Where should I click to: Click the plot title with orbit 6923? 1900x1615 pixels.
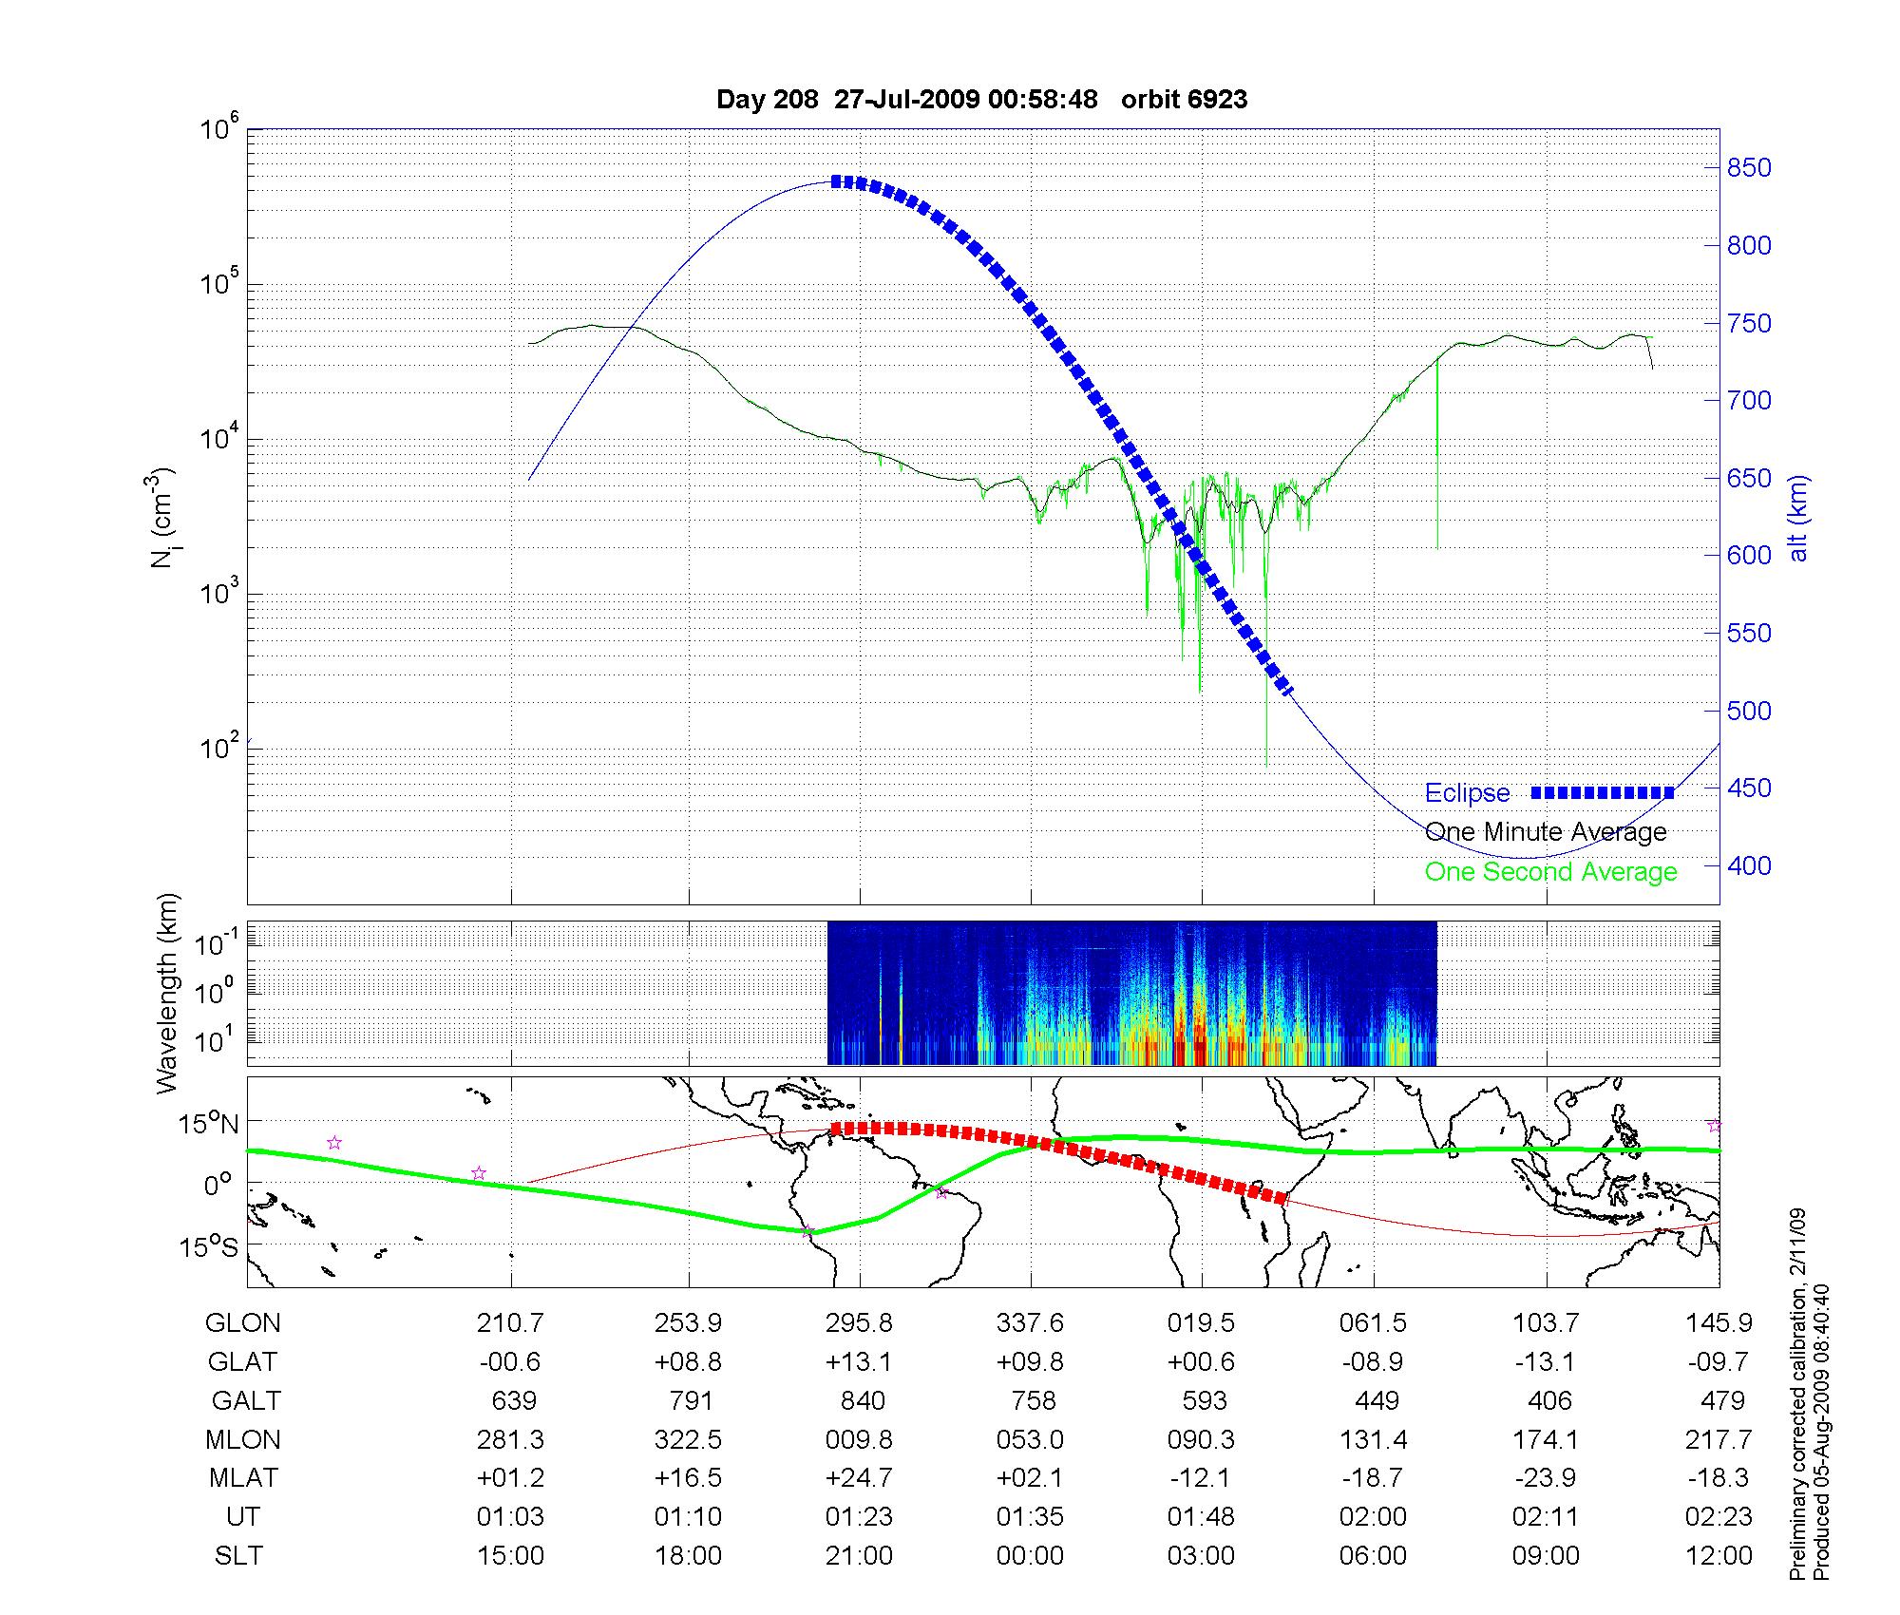click(x=981, y=100)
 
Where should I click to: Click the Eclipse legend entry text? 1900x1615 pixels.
click(x=1467, y=793)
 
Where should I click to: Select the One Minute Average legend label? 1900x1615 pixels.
click(x=1546, y=832)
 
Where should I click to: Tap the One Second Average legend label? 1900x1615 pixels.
click(x=1550, y=872)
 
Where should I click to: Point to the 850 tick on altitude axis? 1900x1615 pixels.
click(x=1749, y=168)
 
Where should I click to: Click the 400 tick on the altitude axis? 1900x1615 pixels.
click(x=1749, y=866)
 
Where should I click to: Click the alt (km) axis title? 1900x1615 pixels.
click(x=1798, y=518)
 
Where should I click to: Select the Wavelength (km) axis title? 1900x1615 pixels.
click(x=167, y=993)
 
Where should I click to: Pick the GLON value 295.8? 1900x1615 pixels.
click(x=859, y=1322)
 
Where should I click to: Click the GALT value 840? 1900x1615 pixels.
click(x=862, y=1400)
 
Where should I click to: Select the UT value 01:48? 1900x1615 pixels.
click(x=1201, y=1516)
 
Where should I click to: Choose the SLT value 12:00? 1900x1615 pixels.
click(x=1718, y=1555)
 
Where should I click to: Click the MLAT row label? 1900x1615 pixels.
click(x=243, y=1478)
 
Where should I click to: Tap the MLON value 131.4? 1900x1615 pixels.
click(x=1373, y=1439)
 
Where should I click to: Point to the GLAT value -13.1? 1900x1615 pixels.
click(x=1545, y=1361)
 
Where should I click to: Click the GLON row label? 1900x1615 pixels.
click(x=243, y=1322)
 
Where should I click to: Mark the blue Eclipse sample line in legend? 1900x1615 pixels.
click(x=1602, y=792)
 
